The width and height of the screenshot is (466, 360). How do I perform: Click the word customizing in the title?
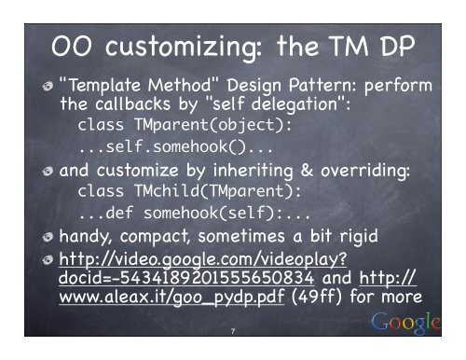pos(170,44)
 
